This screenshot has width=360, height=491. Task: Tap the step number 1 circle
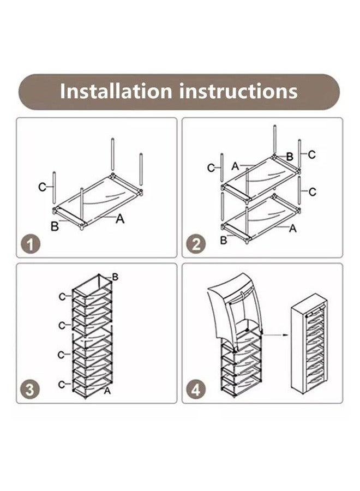[x=31, y=244]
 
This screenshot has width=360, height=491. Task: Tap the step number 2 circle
[x=196, y=244]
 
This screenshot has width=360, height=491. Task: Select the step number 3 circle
[x=30, y=390]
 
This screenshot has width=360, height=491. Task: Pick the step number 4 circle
[x=196, y=390]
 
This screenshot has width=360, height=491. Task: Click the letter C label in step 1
[x=42, y=187]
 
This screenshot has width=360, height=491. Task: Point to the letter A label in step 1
[x=120, y=219]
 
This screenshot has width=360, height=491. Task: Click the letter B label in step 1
[x=55, y=226]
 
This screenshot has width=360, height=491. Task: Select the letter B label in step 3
[x=115, y=277]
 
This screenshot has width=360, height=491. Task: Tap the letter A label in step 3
[x=107, y=391]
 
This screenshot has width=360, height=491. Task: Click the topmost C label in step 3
[x=62, y=297]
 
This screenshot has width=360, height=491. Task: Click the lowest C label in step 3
[x=62, y=384]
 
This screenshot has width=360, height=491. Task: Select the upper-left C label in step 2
[x=211, y=168]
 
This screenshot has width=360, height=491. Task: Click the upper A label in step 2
[x=236, y=166]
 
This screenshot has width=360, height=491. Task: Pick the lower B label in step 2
[x=224, y=240]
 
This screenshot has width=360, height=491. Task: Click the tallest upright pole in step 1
[x=113, y=154]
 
